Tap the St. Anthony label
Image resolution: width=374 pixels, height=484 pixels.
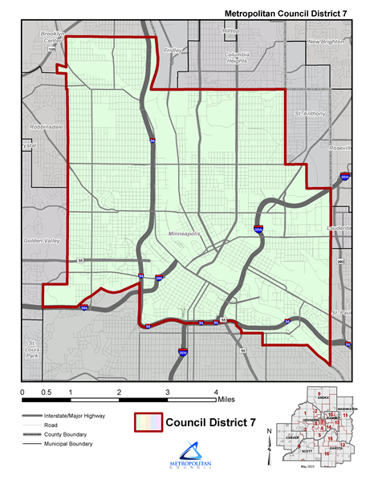(310, 114)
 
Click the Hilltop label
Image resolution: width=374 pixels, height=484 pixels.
(231, 31)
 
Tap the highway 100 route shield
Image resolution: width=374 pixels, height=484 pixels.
(52, 50)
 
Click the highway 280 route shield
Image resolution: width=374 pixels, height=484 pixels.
(340, 262)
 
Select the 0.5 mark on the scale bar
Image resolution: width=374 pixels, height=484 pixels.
(47, 392)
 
